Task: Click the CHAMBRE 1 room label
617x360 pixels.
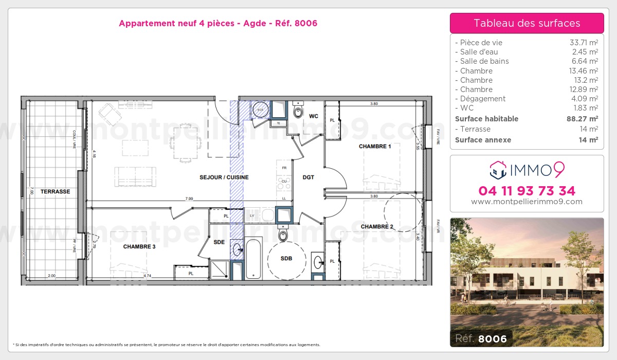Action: [375, 147]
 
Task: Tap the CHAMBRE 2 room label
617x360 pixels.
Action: [376, 227]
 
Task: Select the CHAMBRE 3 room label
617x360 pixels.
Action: [139, 247]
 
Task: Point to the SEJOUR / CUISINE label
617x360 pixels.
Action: [224, 177]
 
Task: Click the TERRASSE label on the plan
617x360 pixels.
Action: [56, 191]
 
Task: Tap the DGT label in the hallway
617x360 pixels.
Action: [308, 177]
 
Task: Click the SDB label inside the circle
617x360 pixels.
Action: [286, 259]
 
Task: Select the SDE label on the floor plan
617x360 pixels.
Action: [219, 242]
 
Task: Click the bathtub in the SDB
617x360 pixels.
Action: [253, 258]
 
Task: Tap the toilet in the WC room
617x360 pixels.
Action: [298, 111]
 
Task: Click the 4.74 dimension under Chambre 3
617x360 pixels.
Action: [147, 276]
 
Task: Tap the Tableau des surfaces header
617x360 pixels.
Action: [527, 23]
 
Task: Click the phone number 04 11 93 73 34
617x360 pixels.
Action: [527, 191]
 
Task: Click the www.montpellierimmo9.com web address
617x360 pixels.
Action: [527, 202]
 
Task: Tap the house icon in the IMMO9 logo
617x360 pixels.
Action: [497, 168]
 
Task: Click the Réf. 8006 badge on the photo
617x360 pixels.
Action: [481, 338]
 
